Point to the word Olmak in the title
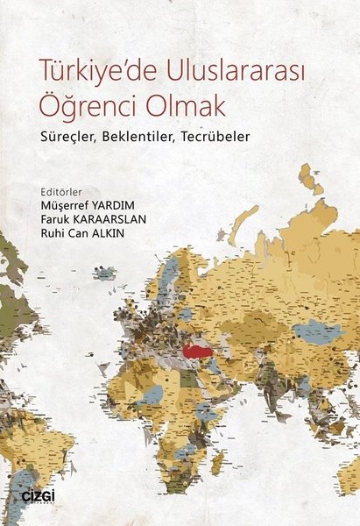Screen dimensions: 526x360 point(180,107)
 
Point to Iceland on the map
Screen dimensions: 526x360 point(104,274)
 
